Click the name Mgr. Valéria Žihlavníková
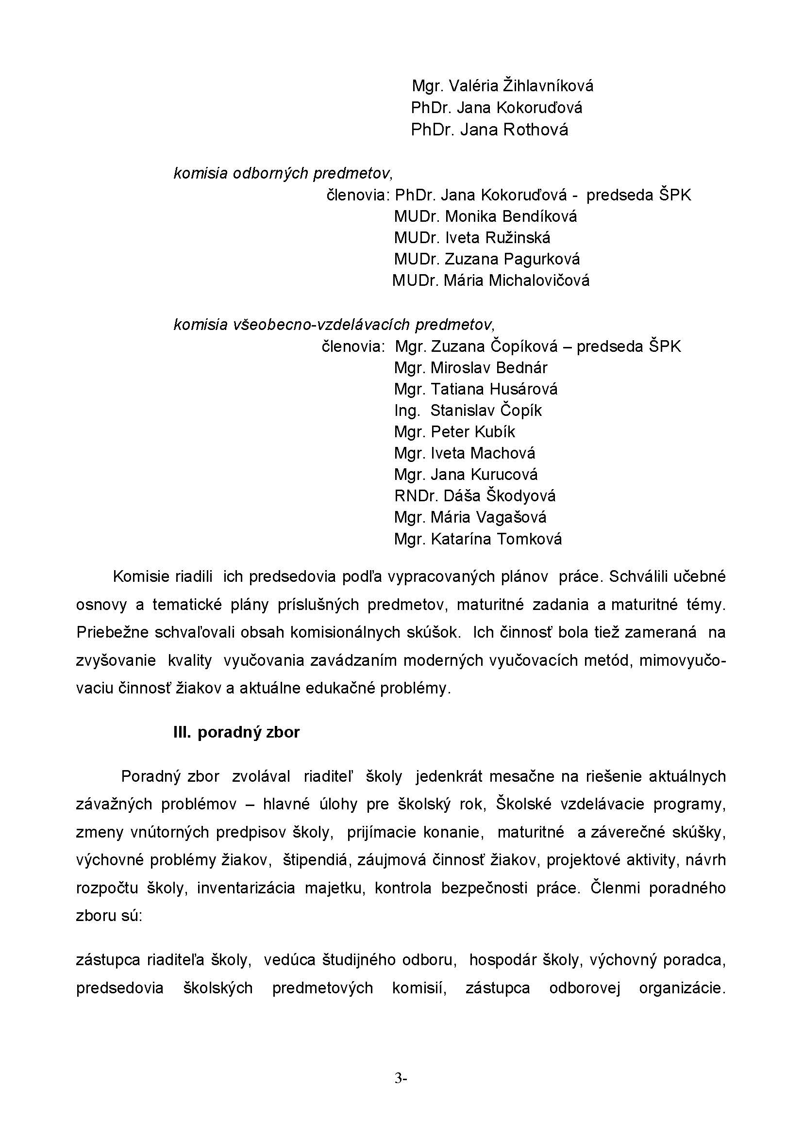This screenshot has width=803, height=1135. click(502, 86)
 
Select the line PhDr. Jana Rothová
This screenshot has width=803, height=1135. click(489, 130)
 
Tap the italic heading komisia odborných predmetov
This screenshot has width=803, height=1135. click(283, 174)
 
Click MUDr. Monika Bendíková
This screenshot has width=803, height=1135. click(485, 216)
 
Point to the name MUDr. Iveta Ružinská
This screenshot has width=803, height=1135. click(472, 238)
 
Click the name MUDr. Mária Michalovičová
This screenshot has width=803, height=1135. click(490, 281)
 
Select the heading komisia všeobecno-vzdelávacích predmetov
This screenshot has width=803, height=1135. click(334, 325)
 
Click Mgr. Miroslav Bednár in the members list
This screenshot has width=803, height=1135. click(470, 368)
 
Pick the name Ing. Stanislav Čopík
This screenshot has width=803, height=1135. click(468, 411)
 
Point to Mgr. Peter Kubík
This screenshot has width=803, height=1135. click(454, 432)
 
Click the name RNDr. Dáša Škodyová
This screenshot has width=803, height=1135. click(475, 496)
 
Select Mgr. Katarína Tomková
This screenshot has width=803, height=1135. click(478, 539)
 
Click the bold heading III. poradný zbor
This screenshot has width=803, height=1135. click(236, 732)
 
